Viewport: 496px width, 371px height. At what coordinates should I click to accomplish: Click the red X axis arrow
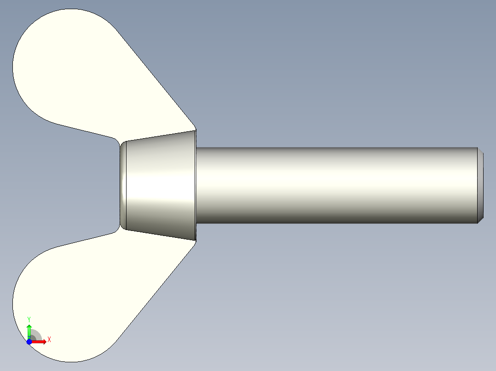tap(40, 342)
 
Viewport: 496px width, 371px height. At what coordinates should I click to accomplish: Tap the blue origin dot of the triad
tap(29, 342)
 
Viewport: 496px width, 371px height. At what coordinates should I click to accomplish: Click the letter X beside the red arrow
tap(49, 340)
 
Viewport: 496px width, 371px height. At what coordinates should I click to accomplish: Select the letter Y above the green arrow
tap(29, 319)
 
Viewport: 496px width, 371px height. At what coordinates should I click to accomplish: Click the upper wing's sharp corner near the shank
tap(195, 130)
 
